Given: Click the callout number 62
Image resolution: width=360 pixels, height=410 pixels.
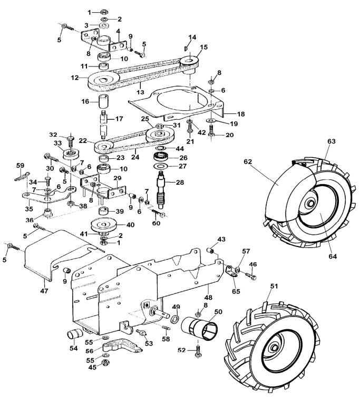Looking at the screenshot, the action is tap(248, 162).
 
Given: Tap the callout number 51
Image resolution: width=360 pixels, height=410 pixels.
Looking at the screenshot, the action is tap(274, 287).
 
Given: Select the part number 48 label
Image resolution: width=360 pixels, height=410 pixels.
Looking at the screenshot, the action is tap(208, 297).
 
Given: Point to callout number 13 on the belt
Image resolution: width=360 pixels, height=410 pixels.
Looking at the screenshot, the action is tap(140, 92).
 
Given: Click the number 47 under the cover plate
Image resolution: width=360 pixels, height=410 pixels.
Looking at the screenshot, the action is tap(44, 291).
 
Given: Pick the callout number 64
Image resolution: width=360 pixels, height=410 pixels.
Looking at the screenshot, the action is tap(333, 256).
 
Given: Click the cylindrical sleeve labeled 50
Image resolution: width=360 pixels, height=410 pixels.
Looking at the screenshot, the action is tap(200, 328).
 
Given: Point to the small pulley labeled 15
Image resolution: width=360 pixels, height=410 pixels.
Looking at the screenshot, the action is tap(189, 63).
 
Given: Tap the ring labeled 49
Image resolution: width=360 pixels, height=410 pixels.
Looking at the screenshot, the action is tap(175, 319).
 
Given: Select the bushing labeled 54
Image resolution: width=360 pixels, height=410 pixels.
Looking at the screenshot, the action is tap(74, 334).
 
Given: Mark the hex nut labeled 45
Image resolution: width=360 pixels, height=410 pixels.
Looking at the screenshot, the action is tap(105, 363).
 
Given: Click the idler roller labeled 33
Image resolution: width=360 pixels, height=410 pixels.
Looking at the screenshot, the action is tap(71, 154).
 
